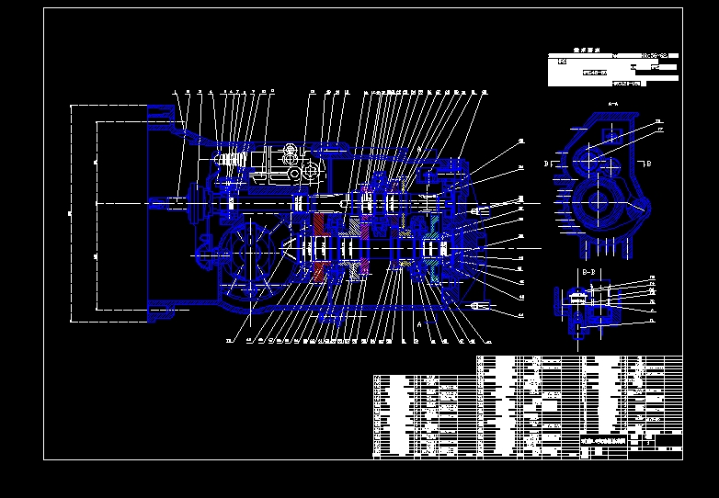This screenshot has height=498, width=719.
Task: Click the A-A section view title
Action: pyautogui.click(x=613, y=105)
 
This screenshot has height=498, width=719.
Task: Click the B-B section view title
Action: pyautogui.click(x=588, y=273)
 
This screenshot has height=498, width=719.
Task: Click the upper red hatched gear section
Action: pyautogui.click(x=319, y=224)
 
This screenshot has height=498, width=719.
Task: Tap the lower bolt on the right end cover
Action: pyautogui.click(x=476, y=305)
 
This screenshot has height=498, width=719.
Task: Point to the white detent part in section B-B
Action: pyautogui.click(x=576, y=295)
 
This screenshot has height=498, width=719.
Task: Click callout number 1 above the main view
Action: pyautogui.click(x=175, y=92)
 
